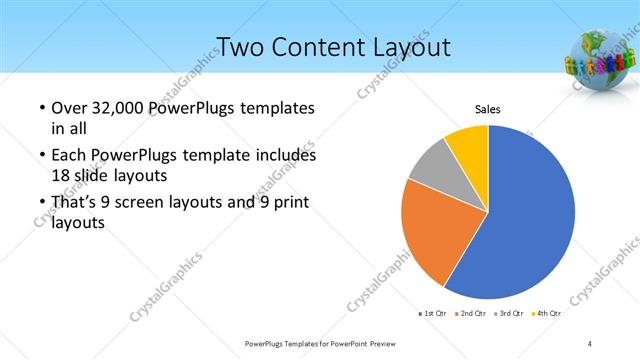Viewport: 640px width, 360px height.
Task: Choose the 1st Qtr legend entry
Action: pyautogui.click(x=433, y=313)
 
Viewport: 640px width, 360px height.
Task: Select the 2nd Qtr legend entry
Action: pyautogui.click(x=471, y=313)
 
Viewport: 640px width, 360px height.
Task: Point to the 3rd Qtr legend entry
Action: pyautogui.click(x=510, y=313)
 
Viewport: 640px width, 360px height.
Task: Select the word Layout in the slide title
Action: pyautogui.click(x=411, y=47)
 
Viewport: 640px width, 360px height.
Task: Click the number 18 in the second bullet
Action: pyautogui.click(x=61, y=175)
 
